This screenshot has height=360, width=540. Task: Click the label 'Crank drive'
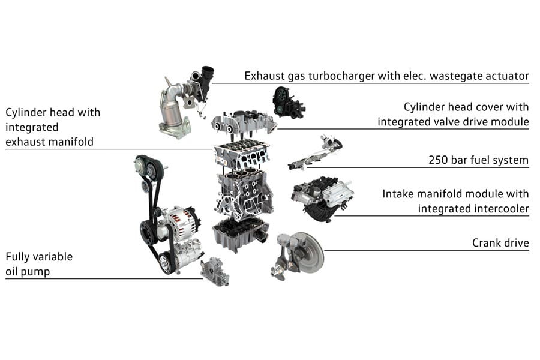pos(500,243)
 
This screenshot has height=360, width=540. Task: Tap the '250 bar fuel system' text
pos(478,160)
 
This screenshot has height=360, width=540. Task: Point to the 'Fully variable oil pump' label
pos(39,264)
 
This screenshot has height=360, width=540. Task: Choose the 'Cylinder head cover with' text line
pos(466,107)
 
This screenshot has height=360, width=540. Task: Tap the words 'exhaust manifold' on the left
pos(53,142)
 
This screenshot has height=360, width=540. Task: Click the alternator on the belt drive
pos(178,223)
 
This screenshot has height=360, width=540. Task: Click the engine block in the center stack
pos(243,192)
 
